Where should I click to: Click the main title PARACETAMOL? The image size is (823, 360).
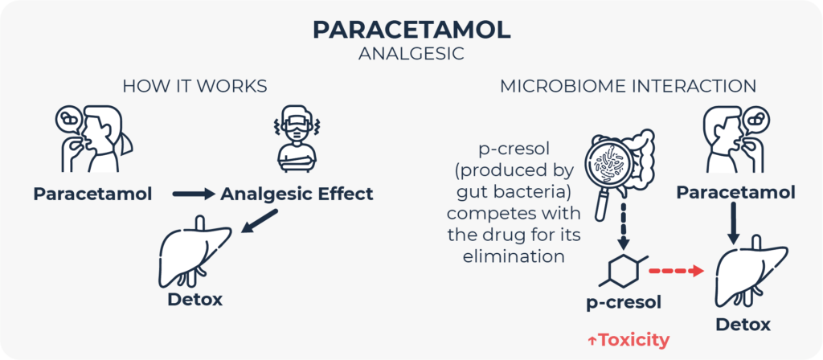click(411, 30)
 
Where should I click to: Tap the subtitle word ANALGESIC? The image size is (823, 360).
click(411, 55)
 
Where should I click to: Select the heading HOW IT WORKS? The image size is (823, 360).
click(194, 85)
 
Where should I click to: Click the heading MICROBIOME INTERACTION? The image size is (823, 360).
click(628, 85)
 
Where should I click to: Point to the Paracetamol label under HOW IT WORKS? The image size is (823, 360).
click(93, 194)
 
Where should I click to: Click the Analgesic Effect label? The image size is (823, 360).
click(297, 194)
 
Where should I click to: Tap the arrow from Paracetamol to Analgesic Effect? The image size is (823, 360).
click(194, 194)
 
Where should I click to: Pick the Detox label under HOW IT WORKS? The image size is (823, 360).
click(194, 301)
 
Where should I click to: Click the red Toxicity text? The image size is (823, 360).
click(628, 340)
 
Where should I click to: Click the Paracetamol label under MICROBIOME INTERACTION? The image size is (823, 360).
click(735, 193)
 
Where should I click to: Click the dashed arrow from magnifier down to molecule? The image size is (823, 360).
click(621, 228)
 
